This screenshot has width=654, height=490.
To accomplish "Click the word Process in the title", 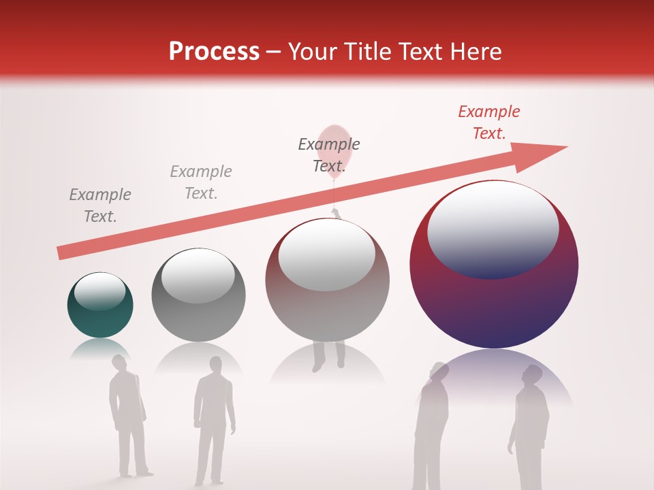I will [x=214, y=52].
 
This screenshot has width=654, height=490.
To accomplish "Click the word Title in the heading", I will [x=369, y=52].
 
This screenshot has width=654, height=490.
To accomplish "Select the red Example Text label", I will [x=488, y=122].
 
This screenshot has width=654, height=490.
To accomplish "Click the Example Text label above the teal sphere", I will [x=100, y=206].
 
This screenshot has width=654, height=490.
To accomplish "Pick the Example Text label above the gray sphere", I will [x=200, y=182].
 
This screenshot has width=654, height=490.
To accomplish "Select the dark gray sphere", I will [x=198, y=313].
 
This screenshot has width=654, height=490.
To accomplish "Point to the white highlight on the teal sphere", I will [x=99, y=291].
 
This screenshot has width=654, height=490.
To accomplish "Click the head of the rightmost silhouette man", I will [x=532, y=375].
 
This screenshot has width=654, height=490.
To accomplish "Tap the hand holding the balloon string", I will [x=335, y=213].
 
